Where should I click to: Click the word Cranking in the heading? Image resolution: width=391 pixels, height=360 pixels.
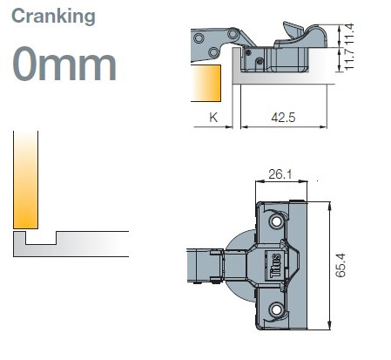53,17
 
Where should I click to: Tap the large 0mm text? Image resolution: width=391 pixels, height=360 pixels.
64,64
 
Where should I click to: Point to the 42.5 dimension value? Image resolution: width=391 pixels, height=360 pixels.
283,118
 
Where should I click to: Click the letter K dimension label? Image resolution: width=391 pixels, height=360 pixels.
213,118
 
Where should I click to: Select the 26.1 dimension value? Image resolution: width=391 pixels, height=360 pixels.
280,174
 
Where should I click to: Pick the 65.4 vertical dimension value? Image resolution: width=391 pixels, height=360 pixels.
340,265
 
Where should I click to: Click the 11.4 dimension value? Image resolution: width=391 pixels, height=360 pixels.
349,33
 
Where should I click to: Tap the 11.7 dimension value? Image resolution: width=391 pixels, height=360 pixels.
349,59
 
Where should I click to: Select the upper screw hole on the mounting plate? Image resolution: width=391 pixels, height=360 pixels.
276,221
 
